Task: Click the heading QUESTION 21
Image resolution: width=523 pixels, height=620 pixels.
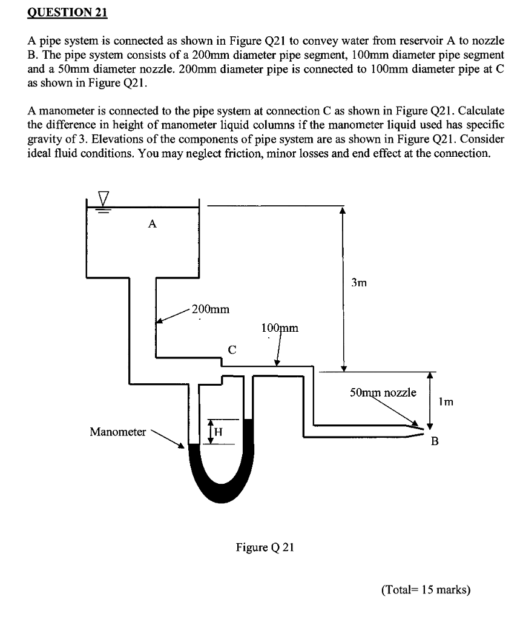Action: (67, 13)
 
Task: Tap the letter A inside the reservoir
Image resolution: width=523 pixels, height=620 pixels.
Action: (153, 224)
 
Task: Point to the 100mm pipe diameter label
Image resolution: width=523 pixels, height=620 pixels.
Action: (280, 328)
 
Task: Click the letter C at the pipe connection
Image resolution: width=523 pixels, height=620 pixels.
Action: (232, 349)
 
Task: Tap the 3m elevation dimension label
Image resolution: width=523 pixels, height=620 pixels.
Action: (359, 282)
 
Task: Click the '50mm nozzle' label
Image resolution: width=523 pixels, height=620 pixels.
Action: (383, 392)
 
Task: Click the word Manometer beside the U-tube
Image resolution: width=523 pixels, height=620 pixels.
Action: (117, 432)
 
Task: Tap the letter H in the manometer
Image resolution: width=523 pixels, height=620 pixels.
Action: (219, 431)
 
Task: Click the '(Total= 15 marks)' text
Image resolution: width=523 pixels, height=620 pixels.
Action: (426, 589)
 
